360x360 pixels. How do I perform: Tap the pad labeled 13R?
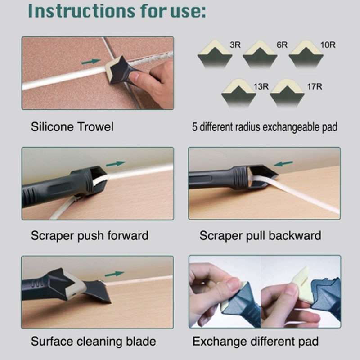click(x=239, y=94)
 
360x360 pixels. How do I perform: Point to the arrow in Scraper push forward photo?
click(x=116, y=164)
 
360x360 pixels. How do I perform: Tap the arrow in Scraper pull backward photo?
click(x=283, y=164)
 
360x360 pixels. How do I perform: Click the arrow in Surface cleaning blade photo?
click(x=114, y=274)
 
